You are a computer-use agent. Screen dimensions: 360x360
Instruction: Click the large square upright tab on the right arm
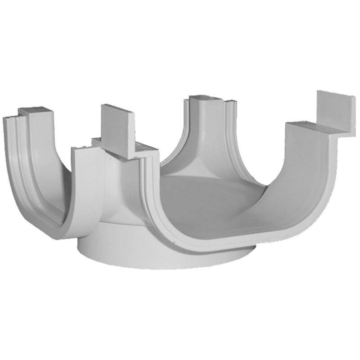click(x=336, y=112)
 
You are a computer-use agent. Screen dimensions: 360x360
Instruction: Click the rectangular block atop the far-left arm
click(x=34, y=112)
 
